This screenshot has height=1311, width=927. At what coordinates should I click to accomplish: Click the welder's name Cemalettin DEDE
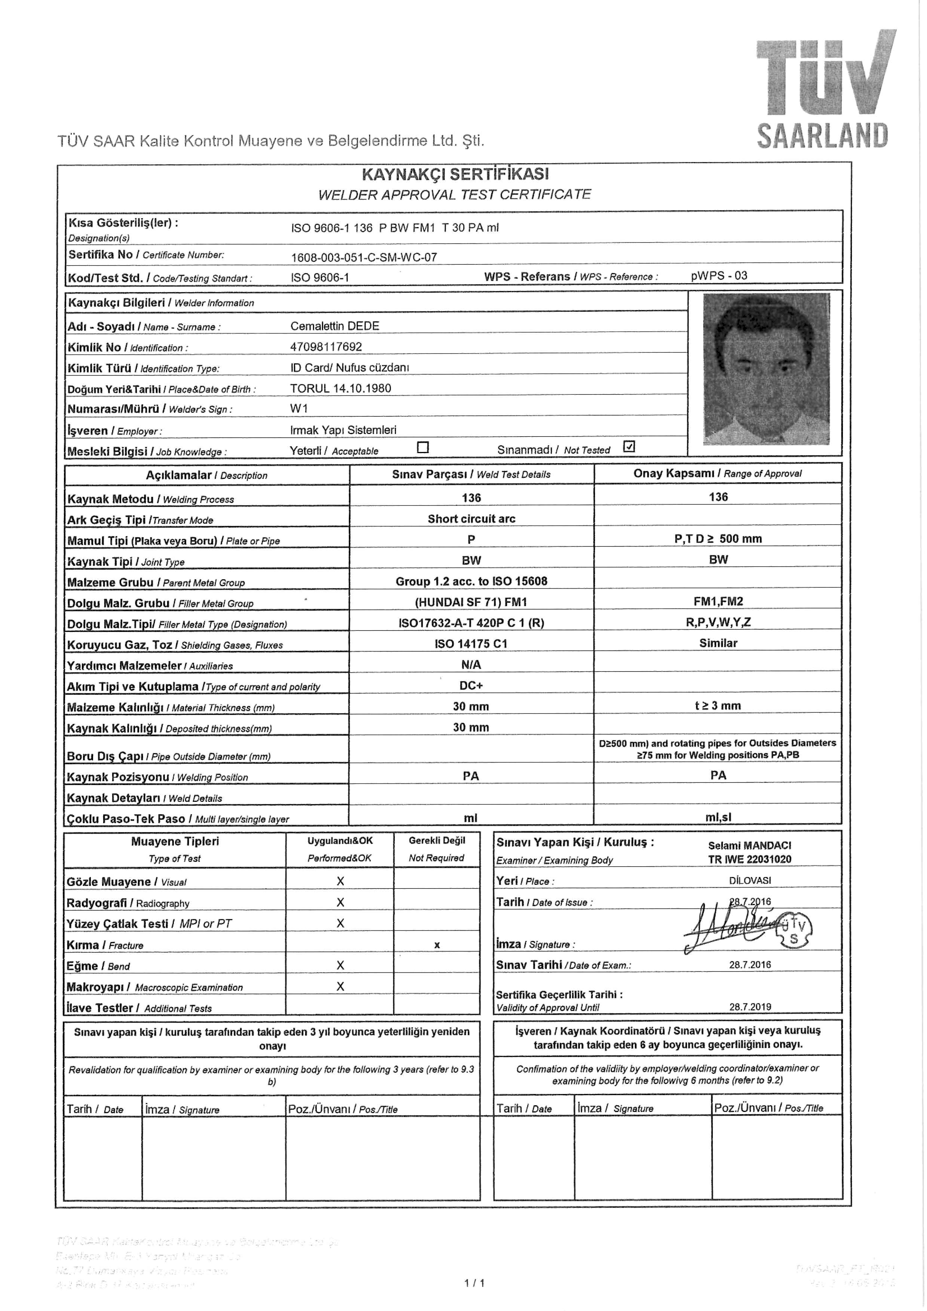[x=335, y=326]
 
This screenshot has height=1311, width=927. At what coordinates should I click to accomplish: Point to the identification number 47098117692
[x=326, y=346]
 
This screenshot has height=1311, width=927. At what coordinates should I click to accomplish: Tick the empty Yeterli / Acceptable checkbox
[x=423, y=447]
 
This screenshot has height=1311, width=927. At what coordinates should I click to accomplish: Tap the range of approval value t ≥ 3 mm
[x=718, y=706]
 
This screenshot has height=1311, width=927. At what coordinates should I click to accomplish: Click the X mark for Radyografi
[x=340, y=902]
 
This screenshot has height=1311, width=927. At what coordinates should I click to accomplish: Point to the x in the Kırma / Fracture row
[x=437, y=945]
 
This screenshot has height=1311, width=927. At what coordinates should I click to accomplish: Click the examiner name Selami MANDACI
[x=749, y=845]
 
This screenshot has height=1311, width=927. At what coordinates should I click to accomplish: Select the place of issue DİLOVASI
[x=749, y=880]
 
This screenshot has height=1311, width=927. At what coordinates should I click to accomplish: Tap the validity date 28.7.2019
[x=749, y=1007]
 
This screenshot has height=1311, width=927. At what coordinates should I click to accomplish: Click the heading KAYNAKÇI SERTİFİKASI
[x=455, y=174]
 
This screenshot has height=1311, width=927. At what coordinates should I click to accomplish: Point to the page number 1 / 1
[x=475, y=1284]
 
